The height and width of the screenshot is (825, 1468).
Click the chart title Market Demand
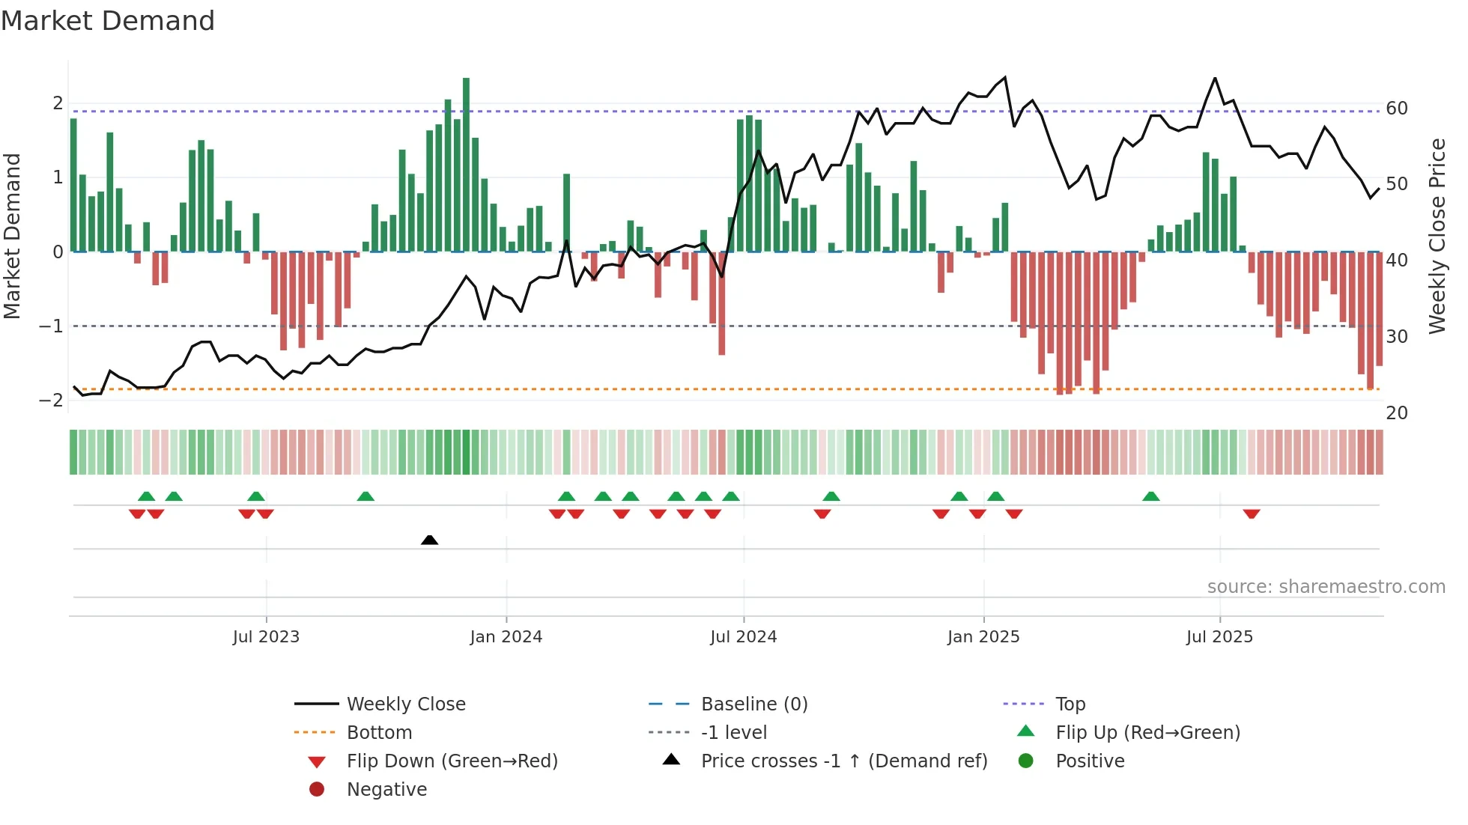(108, 21)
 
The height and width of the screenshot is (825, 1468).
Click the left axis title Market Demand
(13, 236)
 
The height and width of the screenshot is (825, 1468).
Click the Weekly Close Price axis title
(1437, 236)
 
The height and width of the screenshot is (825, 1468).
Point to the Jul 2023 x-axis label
(266, 637)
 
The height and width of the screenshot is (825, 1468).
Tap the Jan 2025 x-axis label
(983, 637)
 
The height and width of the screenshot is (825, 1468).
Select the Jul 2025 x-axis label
(1219, 637)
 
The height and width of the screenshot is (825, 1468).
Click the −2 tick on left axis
(52, 401)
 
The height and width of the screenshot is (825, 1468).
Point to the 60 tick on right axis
(1397, 109)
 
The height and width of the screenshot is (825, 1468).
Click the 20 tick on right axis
(1397, 413)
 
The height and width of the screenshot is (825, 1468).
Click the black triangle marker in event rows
(429, 540)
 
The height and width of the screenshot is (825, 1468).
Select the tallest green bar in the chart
(466, 165)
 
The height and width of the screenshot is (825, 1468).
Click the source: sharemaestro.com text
(1326, 587)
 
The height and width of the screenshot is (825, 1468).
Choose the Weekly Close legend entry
(405, 704)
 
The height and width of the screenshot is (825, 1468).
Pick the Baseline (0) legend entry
(753, 704)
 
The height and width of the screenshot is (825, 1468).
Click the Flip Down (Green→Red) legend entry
(452, 761)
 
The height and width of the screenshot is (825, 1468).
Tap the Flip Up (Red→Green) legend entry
(1147, 733)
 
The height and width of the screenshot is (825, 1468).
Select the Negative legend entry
(386, 790)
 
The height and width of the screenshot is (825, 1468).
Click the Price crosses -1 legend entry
(843, 761)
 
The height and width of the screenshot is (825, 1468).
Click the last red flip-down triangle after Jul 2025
(1252, 514)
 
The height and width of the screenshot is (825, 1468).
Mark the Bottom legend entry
(379, 733)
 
